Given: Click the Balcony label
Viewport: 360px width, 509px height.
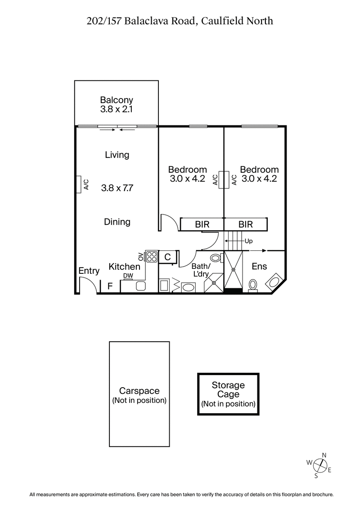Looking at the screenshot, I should click(116, 100).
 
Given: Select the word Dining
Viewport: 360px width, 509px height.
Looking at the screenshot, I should click(117, 222).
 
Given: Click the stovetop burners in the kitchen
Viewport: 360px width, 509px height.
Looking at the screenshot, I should click(152, 257).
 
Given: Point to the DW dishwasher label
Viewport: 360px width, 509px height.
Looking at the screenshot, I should click(128, 276).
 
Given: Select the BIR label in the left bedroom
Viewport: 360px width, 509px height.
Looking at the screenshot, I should click(202, 224).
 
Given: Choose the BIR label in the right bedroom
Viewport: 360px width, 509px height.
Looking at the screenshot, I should click(246, 224).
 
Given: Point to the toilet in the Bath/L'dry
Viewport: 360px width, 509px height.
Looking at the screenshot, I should click(216, 258).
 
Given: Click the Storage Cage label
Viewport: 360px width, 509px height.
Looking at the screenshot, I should click(228, 390).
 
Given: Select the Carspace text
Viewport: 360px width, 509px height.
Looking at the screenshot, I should click(139, 391).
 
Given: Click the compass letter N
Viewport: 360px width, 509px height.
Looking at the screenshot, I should click(324, 455).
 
